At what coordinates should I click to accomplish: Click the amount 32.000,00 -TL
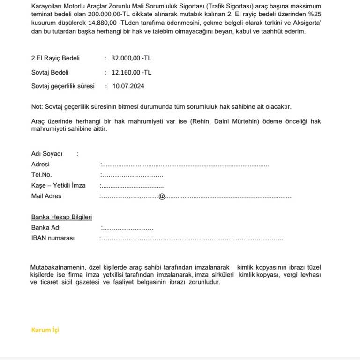click(131, 58)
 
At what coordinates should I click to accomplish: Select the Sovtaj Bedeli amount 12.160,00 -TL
click(131, 72)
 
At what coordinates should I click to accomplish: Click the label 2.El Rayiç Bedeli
click(55, 58)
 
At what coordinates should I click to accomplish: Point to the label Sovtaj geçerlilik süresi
click(63, 86)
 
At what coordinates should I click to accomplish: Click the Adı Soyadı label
click(47, 154)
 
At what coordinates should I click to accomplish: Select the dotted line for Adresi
click(185, 165)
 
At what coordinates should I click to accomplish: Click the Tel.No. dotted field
click(132, 176)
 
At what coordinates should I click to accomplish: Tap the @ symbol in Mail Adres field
click(162, 196)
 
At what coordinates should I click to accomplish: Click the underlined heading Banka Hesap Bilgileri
click(61, 217)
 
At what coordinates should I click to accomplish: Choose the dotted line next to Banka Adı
click(127, 229)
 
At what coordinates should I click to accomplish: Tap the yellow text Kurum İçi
click(45, 330)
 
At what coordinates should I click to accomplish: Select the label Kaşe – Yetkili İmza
click(58, 186)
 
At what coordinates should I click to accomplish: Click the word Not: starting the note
click(37, 107)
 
